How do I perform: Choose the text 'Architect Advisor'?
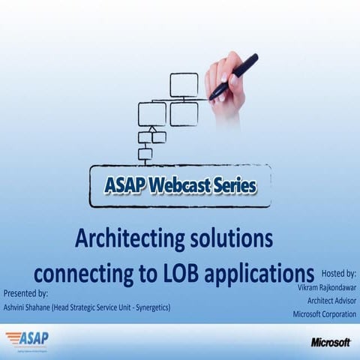(x=327, y=301)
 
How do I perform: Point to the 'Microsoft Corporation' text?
(x=324, y=315)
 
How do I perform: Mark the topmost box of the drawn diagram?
(x=184, y=85)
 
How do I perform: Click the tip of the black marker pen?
(x=213, y=97)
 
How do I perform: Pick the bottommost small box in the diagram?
(x=145, y=154)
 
